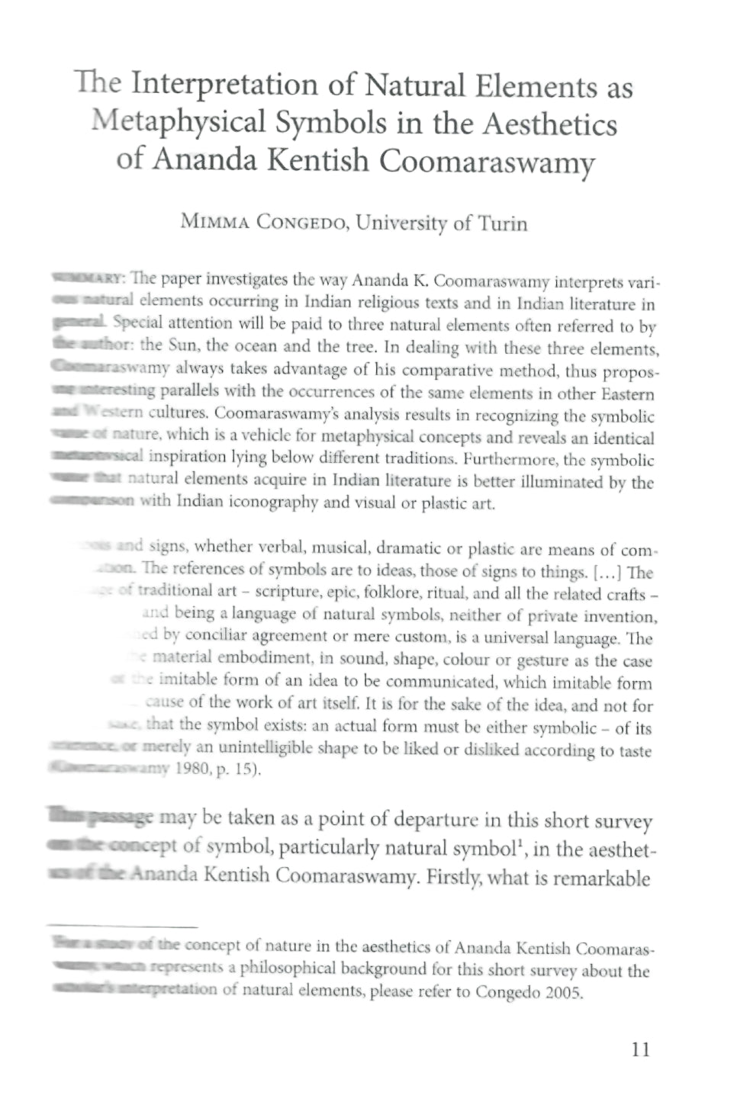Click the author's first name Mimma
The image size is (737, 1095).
click(x=214, y=223)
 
